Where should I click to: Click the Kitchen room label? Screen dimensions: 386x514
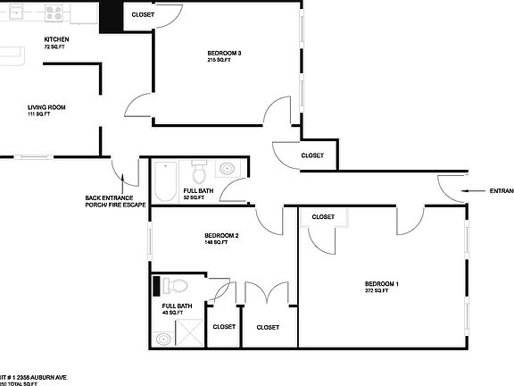(57, 40)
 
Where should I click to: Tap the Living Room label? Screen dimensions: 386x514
(46, 108)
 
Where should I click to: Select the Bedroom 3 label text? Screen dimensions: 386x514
(224, 54)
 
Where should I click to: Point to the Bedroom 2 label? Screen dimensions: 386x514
(221, 235)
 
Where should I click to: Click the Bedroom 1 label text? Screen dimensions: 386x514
(381, 284)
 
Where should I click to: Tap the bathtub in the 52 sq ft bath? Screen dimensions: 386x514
(166, 181)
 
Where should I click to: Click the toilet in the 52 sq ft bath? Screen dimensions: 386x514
(200, 169)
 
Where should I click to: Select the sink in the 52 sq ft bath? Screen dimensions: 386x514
(226, 168)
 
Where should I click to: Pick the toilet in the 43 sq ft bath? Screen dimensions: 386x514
(176, 287)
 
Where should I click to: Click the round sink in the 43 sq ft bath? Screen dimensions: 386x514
(162, 339)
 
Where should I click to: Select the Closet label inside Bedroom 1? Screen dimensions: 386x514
(323, 217)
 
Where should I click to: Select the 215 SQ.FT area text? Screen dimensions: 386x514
(224, 61)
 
